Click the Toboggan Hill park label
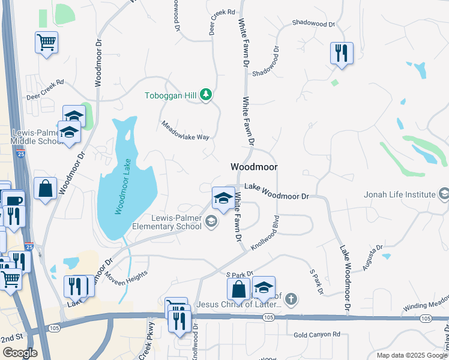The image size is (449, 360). tap(172, 95)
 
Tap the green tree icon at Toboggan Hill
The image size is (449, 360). tap(206, 95)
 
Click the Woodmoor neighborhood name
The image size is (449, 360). tap(253, 167)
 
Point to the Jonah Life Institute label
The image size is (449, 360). tap(400, 194)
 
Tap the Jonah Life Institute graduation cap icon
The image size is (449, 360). tap(444, 194)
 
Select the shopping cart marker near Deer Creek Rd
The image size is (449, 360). tap(46, 43)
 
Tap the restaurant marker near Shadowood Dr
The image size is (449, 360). tap(341, 52)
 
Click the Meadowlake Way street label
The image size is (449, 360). tap(185, 130)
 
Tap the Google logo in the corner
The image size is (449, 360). tap(20, 353)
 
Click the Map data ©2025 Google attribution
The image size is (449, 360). tap(412, 355)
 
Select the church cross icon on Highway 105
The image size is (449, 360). tap(291, 299)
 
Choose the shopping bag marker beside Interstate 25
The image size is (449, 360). tap(46, 188)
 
